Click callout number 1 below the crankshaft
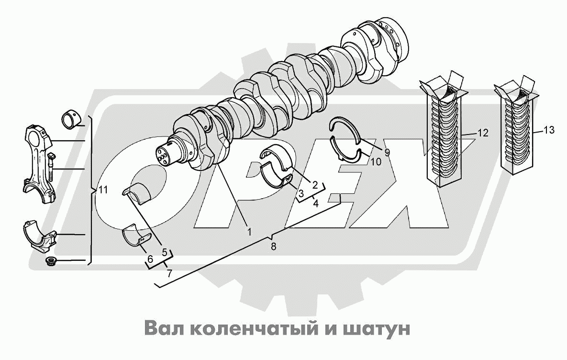[x=249, y=231]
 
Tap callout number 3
[x=301, y=193]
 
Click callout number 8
[x=273, y=247]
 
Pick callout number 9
[x=387, y=152]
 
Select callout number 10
[x=376, y=162]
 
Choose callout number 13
[x=549, y=130]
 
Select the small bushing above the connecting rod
[x=71, y=118]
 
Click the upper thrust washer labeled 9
[x=346, y=129]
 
